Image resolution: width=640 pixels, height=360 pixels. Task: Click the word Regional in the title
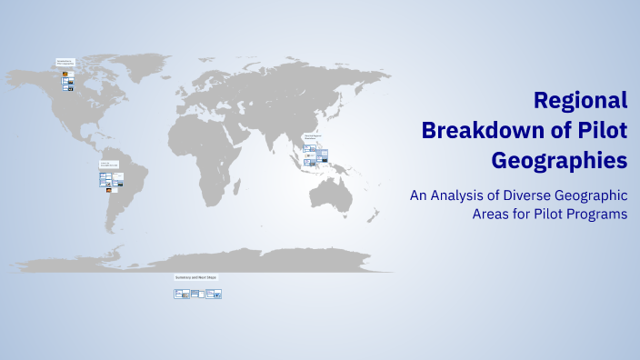point(580,100)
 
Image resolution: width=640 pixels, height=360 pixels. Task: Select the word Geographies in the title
point(559,161)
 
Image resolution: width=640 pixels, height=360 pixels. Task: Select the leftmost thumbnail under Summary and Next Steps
point(182,294)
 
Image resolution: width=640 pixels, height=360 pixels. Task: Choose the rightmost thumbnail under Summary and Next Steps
point(214,294)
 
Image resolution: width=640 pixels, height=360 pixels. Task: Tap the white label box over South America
point(109,165)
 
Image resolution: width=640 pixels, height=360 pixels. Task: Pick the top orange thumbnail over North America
point(65,73)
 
